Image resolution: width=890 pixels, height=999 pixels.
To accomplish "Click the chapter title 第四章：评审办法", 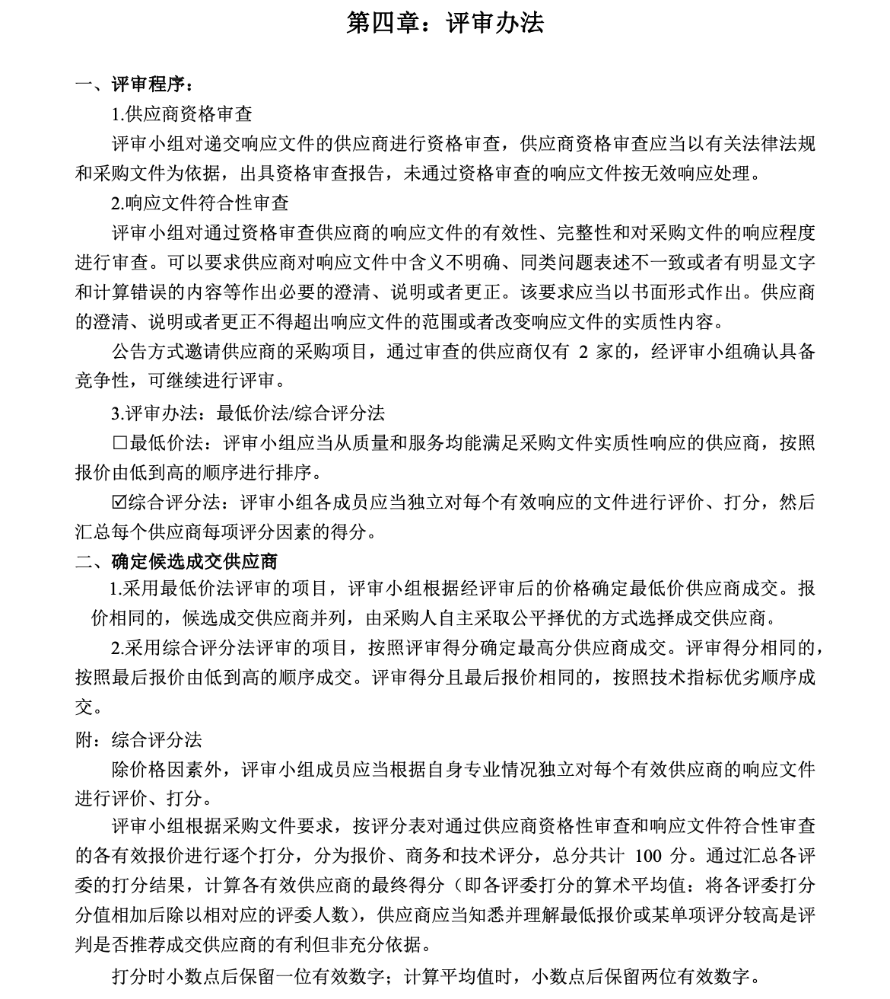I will (445, 23).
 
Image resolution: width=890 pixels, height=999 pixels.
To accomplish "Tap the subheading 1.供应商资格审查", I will (182, 114).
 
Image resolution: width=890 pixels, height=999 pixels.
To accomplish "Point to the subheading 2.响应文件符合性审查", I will (200, 203).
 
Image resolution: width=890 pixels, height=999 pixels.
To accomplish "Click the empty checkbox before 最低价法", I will (119, 443).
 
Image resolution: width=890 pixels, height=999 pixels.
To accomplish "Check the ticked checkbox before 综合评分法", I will (119, 503).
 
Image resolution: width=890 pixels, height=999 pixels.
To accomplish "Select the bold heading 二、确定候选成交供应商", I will (176, 562).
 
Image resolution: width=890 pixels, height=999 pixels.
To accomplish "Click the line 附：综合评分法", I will (138, 740).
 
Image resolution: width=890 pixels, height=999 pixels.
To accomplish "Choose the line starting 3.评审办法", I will (248, 413).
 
